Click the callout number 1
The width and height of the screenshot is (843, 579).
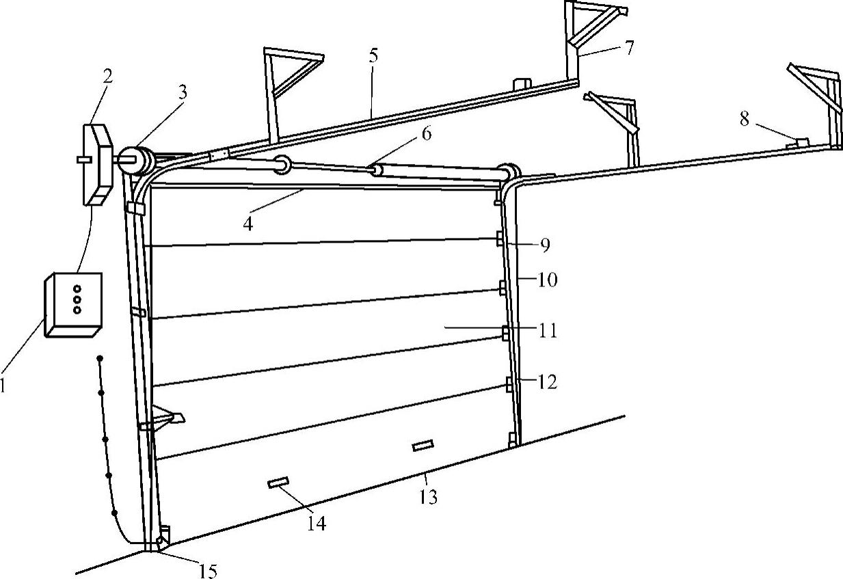click(x=3, y=386)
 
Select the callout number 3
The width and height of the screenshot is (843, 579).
click(x=181, y=94)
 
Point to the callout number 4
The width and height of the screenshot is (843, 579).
click(x=248, y=224)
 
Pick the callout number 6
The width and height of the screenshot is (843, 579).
click(x=426, y=134)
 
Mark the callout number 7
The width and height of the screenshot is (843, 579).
click(x=628, y=47)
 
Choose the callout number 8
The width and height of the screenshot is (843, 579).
click(x=745, y=119)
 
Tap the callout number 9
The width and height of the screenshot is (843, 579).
click(x=544, y=245)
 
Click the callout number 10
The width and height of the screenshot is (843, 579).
click(x=547, y=280)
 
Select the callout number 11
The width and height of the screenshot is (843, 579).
click(x=547, y=332)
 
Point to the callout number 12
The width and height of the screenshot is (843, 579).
click(x=547, y=381)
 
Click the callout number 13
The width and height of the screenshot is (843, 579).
click(x=427, y=497)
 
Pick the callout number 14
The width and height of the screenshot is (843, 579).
click(x=316, y=524)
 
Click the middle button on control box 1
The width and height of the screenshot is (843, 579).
click(x=77, y=299)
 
